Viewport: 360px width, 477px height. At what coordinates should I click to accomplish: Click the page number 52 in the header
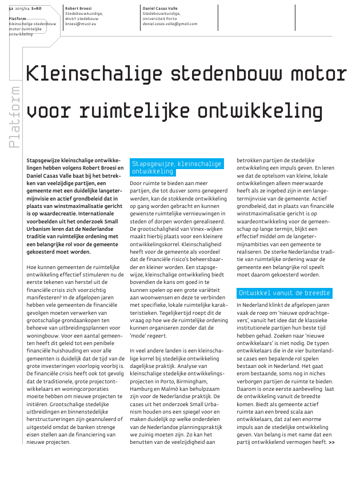click(11, 9)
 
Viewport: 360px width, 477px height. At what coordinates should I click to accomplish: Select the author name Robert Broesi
click(78, 9)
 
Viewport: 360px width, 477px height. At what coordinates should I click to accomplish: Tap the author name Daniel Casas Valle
click(161, 9)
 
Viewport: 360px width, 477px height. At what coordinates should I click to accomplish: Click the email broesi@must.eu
click(81, 24)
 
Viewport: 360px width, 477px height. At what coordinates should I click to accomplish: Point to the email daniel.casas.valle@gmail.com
click(170, 24)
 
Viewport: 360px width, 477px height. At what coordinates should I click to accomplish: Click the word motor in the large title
click(319, 74)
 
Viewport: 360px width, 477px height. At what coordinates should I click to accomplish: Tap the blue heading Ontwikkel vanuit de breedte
click(284, 293)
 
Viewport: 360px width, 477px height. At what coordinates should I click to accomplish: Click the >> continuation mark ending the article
click(331, 442)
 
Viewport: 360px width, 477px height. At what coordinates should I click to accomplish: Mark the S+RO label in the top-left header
click(35, 9)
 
